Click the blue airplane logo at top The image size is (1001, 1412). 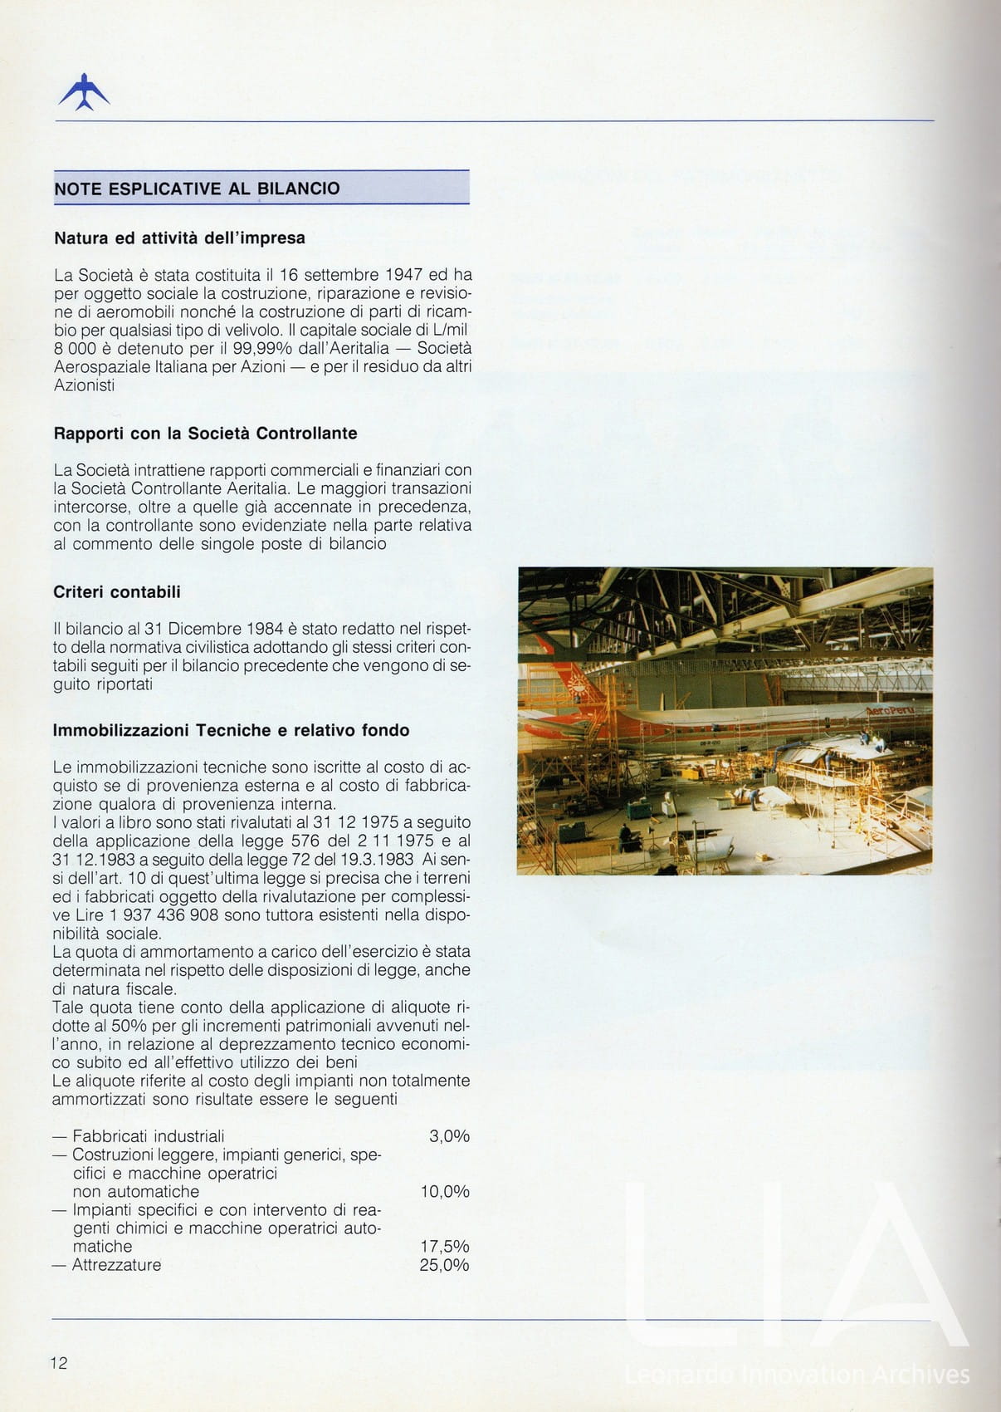click(84, 92)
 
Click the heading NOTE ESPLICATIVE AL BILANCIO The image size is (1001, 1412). click(197, 189)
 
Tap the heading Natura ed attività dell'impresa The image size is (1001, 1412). click(179, 238)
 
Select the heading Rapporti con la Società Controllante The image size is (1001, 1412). click(205, 434)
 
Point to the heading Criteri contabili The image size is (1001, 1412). click(116, 592)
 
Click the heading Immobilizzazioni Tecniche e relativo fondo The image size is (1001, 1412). click(231, 731)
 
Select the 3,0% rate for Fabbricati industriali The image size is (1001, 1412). click(449, 1136)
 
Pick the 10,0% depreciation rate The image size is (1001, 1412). click(445, 1192)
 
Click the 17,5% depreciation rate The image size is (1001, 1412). click(445, 1247)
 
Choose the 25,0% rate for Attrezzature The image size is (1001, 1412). click(445, 1266)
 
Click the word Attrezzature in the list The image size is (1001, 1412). click(117, 1266)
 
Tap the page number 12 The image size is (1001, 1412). click(59, 1363)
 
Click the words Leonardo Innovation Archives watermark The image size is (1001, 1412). click(796, 1375)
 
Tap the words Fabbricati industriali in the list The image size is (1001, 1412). click(149, 1136)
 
